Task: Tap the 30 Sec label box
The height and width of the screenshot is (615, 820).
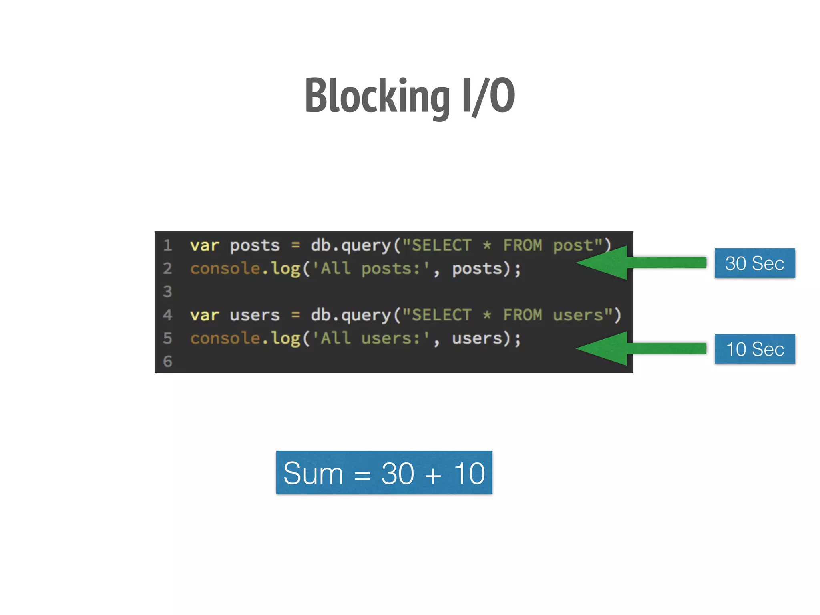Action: tap(754, 263)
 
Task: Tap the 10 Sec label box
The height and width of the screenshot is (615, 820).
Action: tap(754, 349)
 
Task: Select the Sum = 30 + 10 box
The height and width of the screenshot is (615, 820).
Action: tap(384, 472)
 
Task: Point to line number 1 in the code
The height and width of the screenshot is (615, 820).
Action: tap(167, 245)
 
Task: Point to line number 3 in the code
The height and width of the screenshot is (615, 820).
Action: tap(167, 291)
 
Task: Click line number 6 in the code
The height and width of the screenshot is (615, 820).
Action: tap(167, 361)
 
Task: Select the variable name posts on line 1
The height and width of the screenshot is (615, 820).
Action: tap(255, 245)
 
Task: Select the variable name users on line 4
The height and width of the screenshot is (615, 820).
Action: tap(255, 315)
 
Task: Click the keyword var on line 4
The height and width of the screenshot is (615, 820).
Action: tap(204, 315)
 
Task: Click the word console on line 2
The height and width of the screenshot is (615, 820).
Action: tap(225, 269)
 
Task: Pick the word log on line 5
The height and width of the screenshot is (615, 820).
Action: tap(285, 338)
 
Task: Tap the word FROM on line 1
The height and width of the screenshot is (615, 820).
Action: tap(522, 245)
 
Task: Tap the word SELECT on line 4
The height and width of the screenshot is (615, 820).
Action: tap(441, 315)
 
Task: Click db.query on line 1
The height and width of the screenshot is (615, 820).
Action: tap(350, 245)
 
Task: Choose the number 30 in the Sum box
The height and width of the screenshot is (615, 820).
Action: tap(397, 473)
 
